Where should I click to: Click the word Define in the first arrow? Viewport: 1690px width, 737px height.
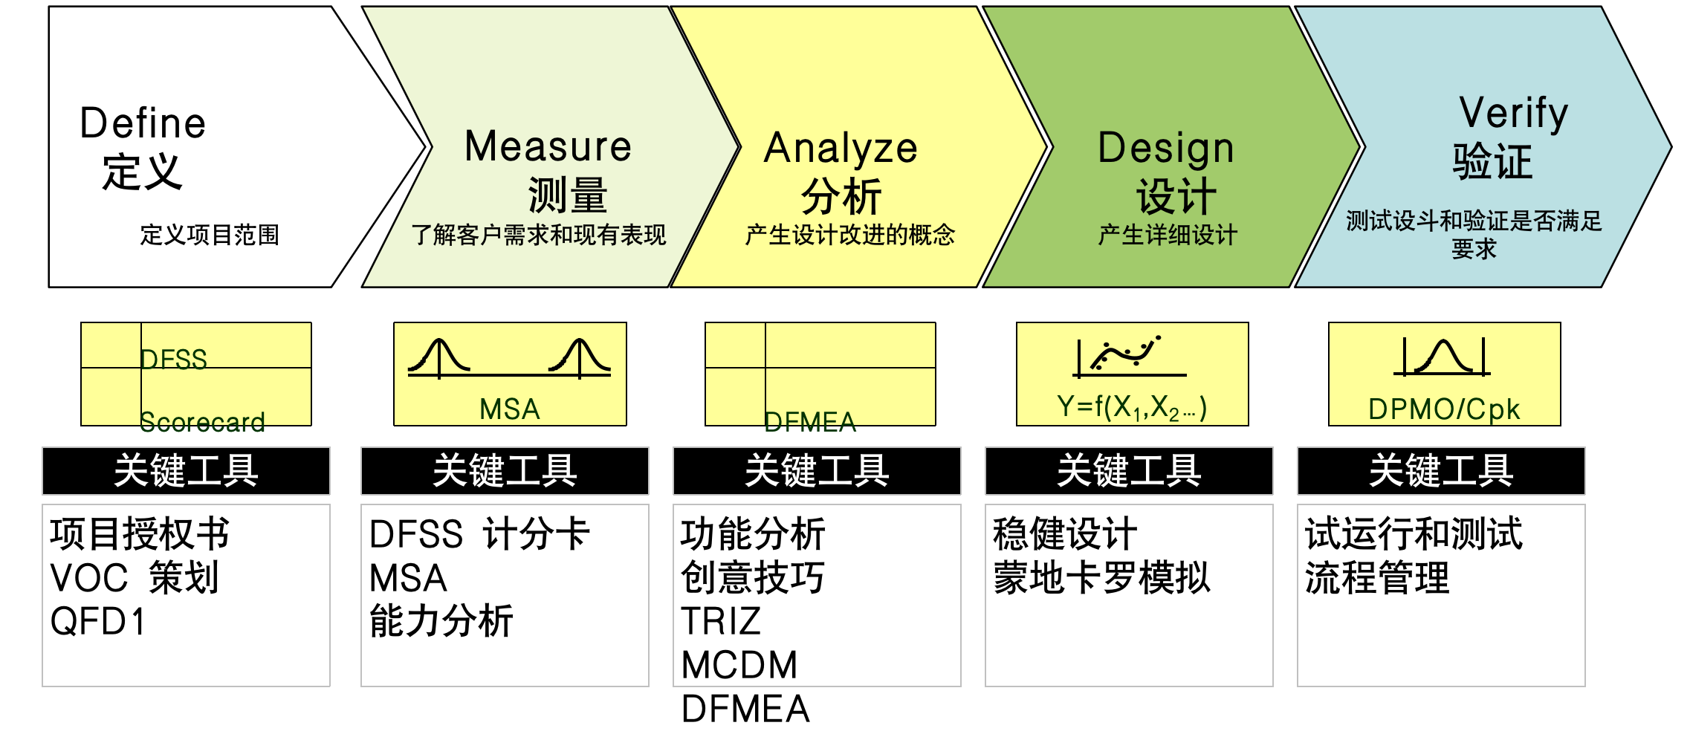coord(143,123)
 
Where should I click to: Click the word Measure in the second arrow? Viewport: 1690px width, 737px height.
coord(548,146)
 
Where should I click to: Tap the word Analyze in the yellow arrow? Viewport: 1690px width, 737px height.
coord(841,148)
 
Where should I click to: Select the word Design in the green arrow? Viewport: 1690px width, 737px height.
coord(1165,148)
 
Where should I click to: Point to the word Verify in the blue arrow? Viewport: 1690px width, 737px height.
coord(1513,113)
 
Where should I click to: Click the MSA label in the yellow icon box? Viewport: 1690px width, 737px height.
coord(509,409)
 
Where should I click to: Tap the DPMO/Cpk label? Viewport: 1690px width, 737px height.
coord(1443,409)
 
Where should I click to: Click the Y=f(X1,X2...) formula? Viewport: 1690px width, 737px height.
coord(1131,407)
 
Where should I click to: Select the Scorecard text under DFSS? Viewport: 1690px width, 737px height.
coord(202,422)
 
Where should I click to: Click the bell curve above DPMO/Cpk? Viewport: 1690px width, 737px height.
coord(1443,357)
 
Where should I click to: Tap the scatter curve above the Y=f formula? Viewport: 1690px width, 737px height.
coord(1126,354)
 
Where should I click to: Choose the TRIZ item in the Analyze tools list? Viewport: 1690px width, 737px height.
coord(721,621)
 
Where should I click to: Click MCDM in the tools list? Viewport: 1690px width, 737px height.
coord(739,665)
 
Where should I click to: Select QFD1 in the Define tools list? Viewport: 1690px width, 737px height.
coord(97,621)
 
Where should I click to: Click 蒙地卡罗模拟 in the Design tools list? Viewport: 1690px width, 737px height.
coord(1101,577)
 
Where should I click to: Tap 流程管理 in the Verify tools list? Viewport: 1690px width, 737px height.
coord(1377,577)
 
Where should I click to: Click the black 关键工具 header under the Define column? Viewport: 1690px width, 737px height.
coord(186,471)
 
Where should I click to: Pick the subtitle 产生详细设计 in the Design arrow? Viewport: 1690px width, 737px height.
coord(1168,235)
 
